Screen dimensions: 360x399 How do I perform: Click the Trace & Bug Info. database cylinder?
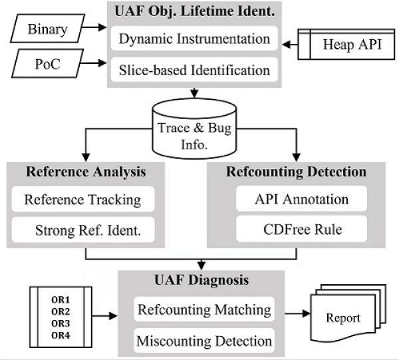[x=194, y=127]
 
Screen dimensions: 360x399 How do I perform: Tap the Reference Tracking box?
[x=82, y=198]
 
